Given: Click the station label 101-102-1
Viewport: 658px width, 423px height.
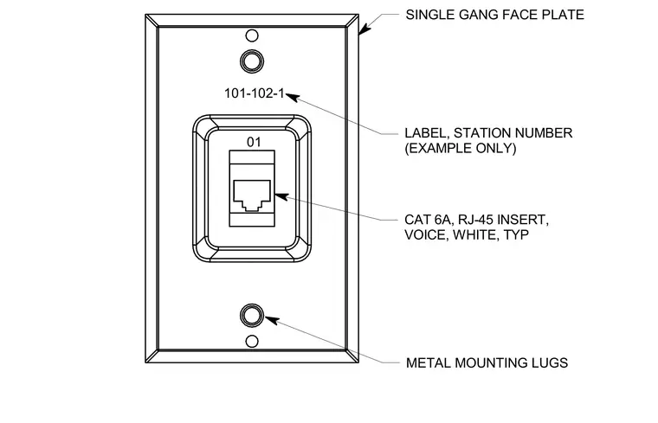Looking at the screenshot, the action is (255, 93).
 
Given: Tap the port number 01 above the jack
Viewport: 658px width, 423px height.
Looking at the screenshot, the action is (254, 143).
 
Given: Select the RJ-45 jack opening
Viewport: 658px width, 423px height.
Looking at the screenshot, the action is (252, 195).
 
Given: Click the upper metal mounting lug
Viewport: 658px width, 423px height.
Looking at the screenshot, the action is (252, 61).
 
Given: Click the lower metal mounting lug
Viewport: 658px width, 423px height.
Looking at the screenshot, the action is (252, 315).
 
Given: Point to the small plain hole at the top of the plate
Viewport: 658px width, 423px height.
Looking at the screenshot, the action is (252, 35).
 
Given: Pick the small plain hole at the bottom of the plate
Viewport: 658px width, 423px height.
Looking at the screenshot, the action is (252, 341).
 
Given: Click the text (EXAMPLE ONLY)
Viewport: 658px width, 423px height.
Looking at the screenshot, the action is (461, 148).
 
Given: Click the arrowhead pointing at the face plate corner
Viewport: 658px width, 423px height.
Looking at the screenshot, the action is (364, 29).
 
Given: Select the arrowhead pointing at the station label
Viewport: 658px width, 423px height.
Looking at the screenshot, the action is (293, 97).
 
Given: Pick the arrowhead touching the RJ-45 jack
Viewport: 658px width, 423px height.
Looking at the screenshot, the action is (281, 196).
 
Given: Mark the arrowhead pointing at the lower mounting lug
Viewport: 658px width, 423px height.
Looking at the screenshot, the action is (272, 320).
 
